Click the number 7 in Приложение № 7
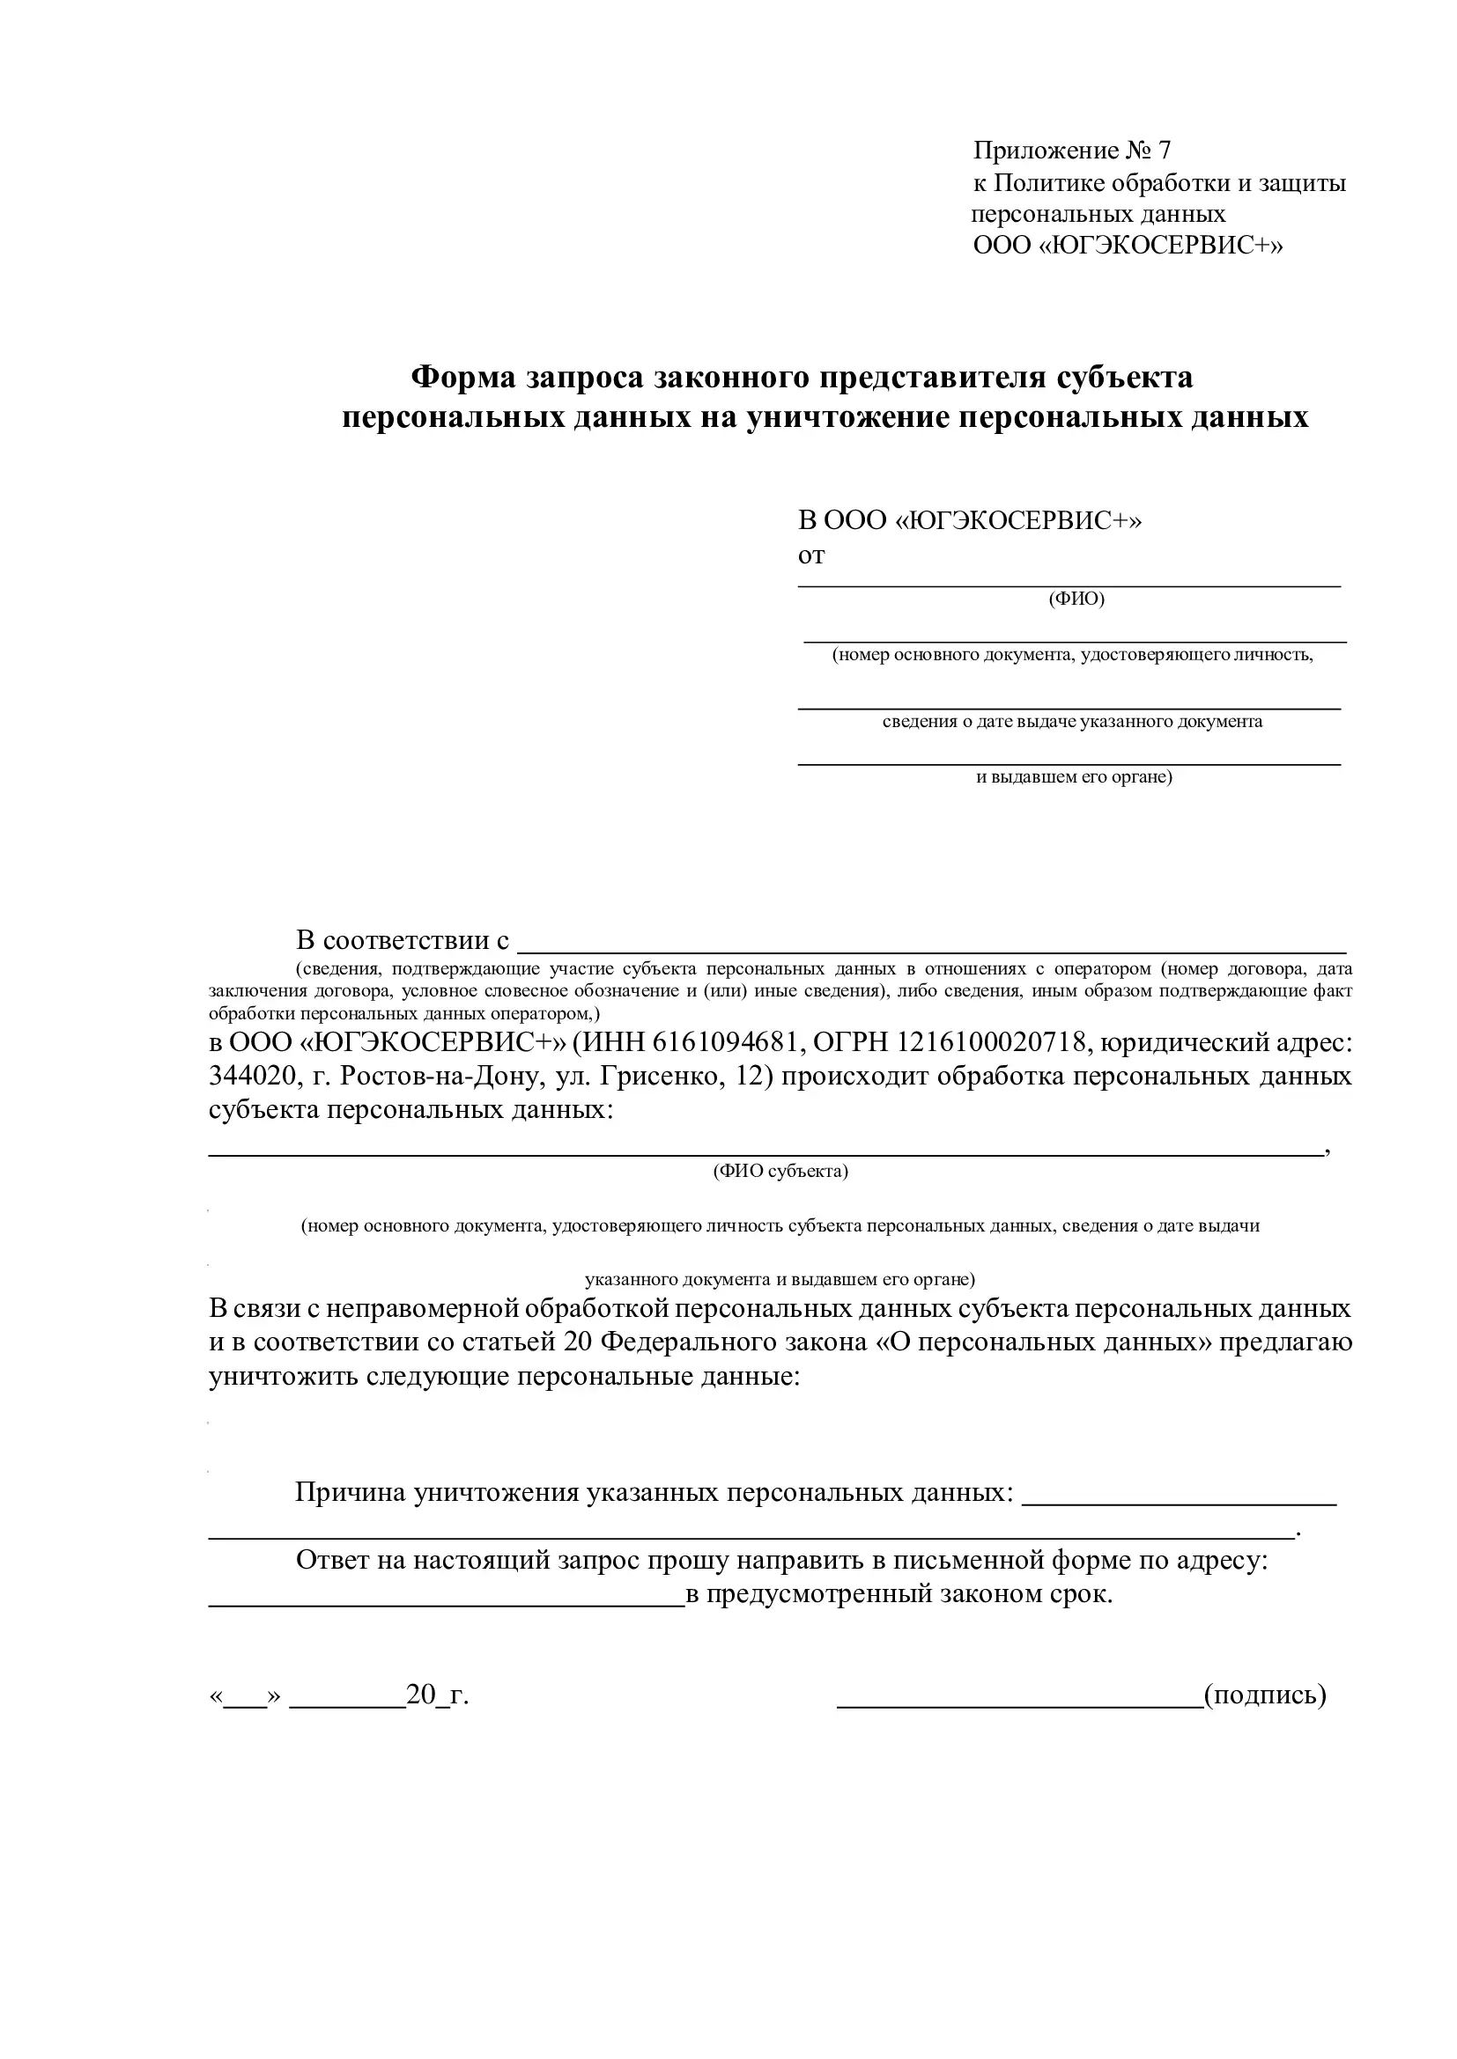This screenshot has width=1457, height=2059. click(x=1164, y=151)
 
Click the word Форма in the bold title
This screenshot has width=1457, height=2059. click(x=463, y=377)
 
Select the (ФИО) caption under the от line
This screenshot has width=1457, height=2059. click(x=1076, y=599)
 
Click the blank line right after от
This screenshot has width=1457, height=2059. click(x=1069, y=584)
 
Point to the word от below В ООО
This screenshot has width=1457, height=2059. click(x=811, y=556)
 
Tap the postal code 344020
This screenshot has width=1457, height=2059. click(x=248, y=1075)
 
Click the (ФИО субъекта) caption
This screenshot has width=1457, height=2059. click(x=780, y=1171)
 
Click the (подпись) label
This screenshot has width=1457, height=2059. click(x=1265, y=1695)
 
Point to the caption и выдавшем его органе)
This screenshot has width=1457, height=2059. click(x=1074, y=776)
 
